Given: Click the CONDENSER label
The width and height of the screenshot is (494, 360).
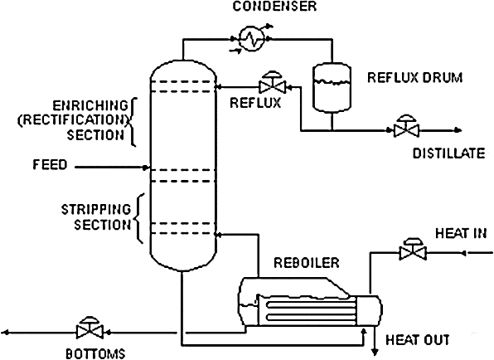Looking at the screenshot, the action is click(x=274, y=7).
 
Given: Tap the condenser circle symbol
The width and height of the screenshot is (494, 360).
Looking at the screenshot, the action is click(x=251, y=38).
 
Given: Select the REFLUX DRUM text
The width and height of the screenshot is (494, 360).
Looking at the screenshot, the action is click(x=415, y=77).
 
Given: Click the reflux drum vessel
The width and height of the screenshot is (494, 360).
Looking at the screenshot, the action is click(x=332, y=88).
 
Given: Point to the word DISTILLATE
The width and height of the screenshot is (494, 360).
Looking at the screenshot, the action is click(x=449, y=153).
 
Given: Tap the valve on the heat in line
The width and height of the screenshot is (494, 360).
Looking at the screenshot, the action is click(x=413, y=249).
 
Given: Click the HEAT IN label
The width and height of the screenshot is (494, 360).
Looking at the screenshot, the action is click(x=461, y=233).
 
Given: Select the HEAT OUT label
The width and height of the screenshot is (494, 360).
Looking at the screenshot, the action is click(x=418, y=340).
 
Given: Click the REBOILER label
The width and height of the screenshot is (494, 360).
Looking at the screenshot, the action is click(x=306, y=263).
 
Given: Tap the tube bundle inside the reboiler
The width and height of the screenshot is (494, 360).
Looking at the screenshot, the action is click(x=310, y=310).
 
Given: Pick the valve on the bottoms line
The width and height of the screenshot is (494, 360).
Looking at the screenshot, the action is click(x=90, y=328).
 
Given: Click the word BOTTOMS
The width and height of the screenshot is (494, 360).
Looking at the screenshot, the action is click(x=95, y=353).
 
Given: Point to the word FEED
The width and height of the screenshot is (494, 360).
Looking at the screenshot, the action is click(x=50, y=164).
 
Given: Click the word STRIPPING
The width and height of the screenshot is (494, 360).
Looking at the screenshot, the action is click(x=96, y=210).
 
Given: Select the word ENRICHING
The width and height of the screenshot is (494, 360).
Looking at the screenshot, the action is click(x=90, y=105).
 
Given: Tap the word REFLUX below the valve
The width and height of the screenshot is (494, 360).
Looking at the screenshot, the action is click(x=255, y=103).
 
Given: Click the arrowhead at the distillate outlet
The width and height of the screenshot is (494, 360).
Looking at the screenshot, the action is click(x=458, y=130).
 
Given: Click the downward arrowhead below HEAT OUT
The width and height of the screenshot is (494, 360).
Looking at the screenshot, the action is click(x=375, y=352).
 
